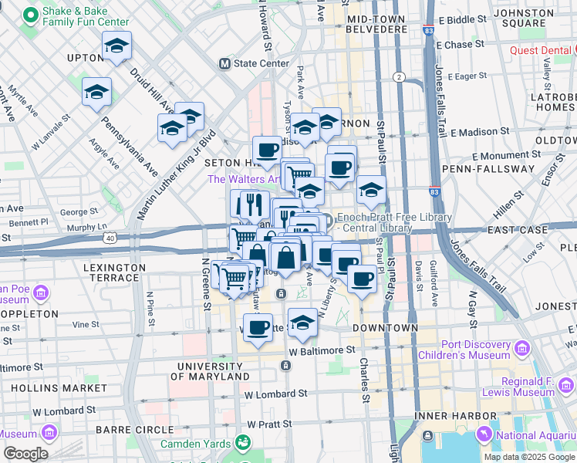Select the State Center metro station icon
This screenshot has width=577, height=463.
tap(225, 63)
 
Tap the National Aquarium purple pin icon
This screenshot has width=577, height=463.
tap(485, 434)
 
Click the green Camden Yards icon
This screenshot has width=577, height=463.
tap(242, 443)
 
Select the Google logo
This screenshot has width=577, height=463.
tap(25, 453)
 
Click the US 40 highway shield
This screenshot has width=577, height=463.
tap(113, 239)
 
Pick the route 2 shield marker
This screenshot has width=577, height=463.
tap(399, 76)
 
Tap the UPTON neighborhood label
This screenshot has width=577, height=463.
tap(86, 58)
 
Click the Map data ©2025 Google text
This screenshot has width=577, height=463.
tap(528, 457)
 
